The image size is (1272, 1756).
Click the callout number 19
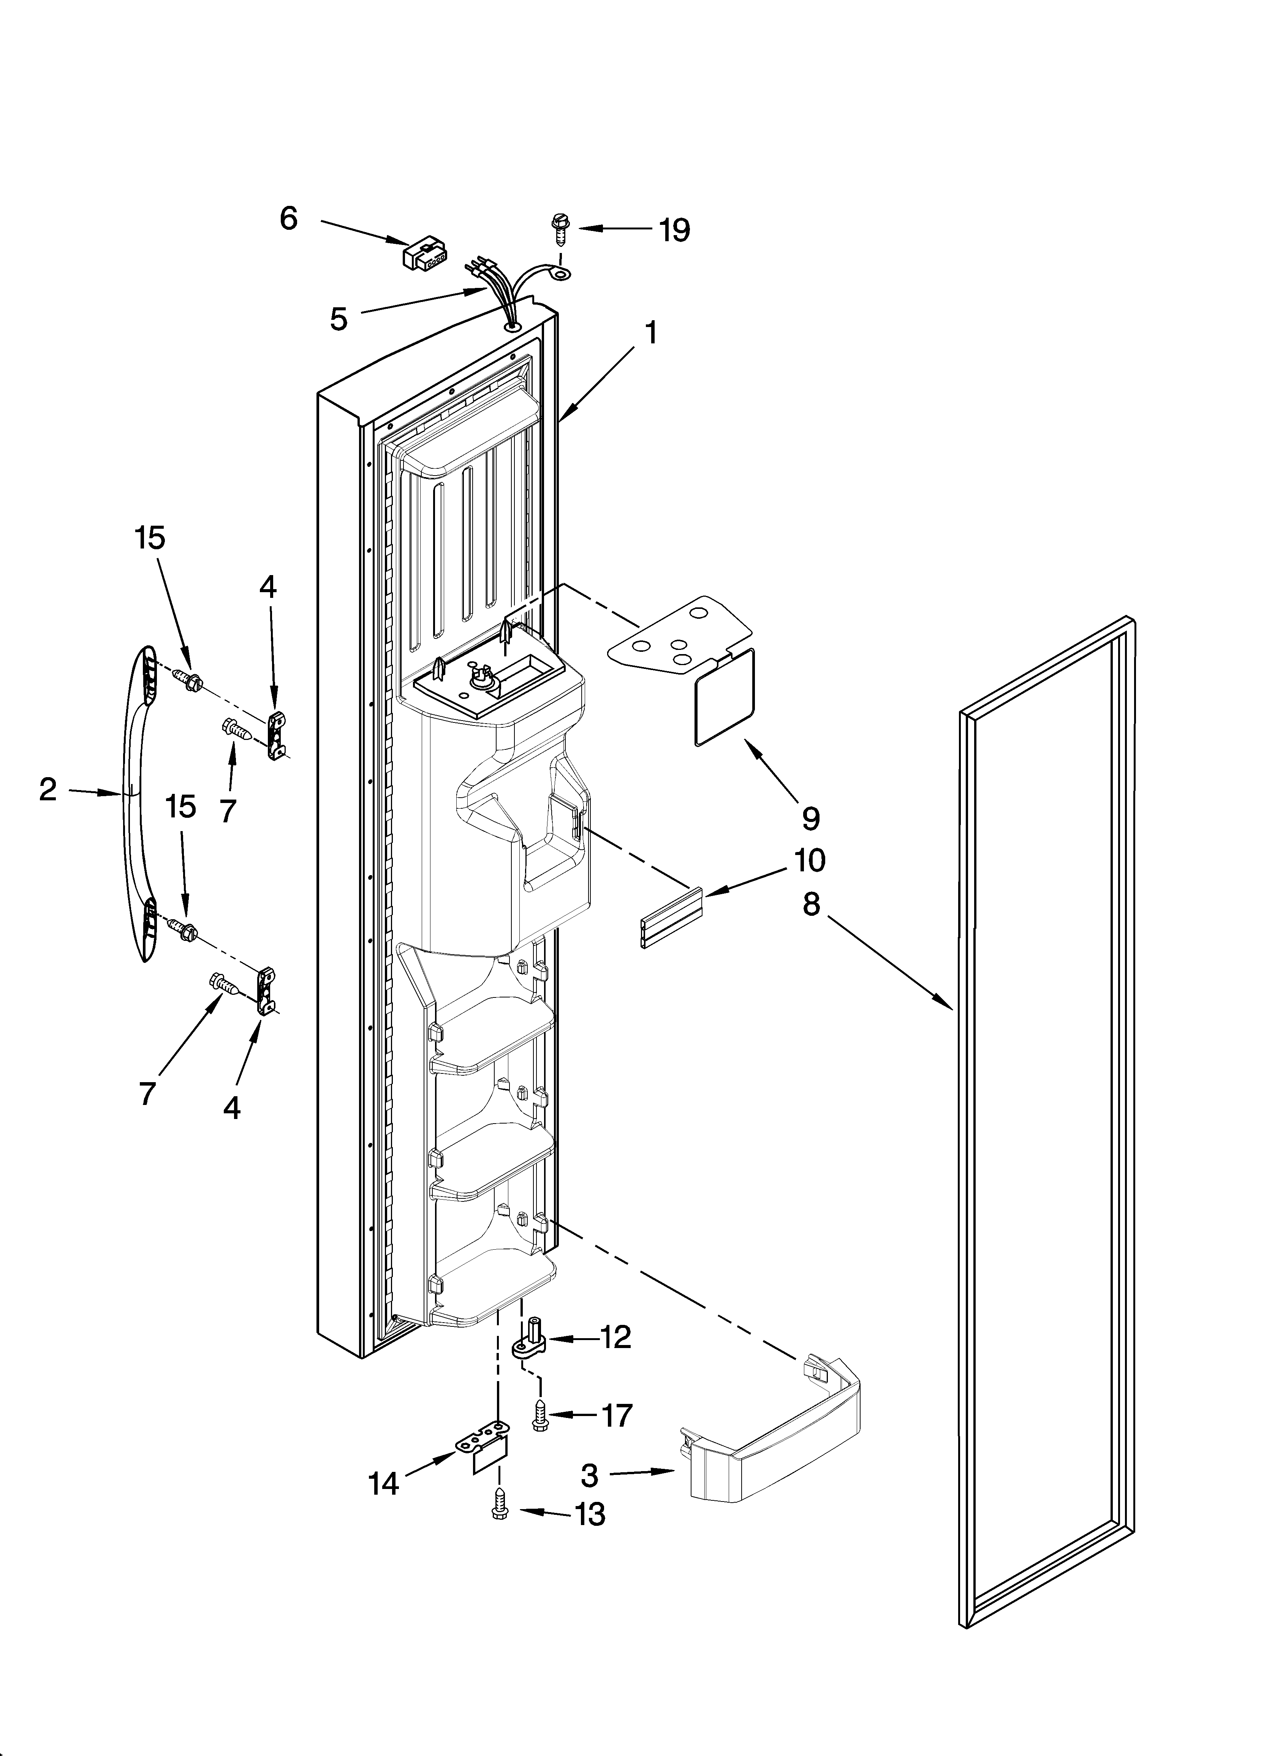674,230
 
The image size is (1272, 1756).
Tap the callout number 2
48,790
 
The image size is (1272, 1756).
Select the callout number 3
590,1476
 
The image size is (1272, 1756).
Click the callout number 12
616,1337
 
